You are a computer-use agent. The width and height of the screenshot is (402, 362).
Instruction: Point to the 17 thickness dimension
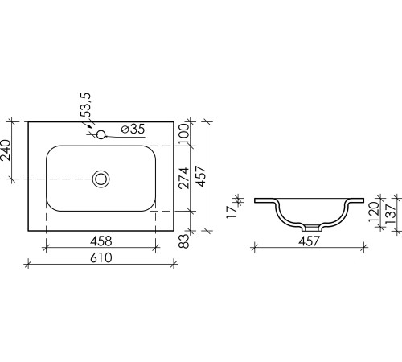pos(231,211)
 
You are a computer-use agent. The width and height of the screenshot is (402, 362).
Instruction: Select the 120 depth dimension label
pos(373,213)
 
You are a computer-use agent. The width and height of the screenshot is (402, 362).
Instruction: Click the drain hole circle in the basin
pos(101,178)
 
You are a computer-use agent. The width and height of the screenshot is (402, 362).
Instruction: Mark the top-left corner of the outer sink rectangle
pos(28,122)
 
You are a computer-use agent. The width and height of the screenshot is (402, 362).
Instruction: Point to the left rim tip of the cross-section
pos(255,199)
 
